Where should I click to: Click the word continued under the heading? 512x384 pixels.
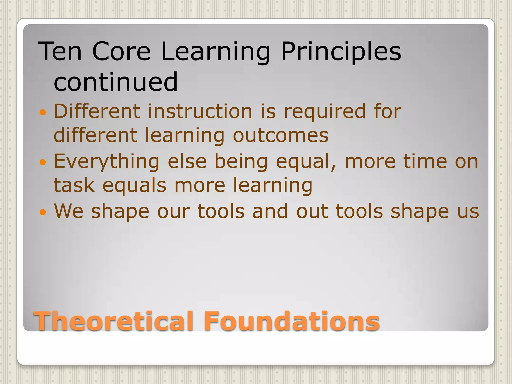[115, 82]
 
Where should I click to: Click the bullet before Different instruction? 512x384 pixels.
[43, 112]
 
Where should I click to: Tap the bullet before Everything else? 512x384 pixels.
[43, 162]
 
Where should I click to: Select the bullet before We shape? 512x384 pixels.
[43, 212]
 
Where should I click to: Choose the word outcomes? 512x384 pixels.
[280, 136]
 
